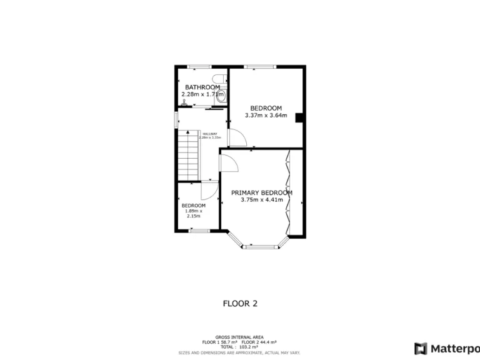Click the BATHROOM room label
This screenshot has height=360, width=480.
coord(200,87)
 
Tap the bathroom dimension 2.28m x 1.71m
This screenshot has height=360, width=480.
coord(201,94)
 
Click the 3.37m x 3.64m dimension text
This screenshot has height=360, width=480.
coord(266,115)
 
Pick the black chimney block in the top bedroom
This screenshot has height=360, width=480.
coord(299,117)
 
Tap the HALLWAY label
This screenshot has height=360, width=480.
coord(209,134)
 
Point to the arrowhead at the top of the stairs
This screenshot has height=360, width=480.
coord(187,133)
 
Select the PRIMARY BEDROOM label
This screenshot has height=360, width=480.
coord(261,193)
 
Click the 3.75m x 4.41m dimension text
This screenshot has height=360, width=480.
coord(261,200)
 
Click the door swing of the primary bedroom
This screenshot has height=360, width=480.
coord(229,164)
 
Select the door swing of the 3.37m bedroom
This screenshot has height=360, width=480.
coord(236,137)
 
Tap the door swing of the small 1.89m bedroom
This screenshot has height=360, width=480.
coord(209,190)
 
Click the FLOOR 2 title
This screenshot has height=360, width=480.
coord(240,304)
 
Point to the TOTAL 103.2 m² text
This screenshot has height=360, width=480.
coord(239,346)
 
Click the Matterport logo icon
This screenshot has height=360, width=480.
coord(421,348)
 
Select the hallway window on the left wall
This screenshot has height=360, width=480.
coord(176,121)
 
